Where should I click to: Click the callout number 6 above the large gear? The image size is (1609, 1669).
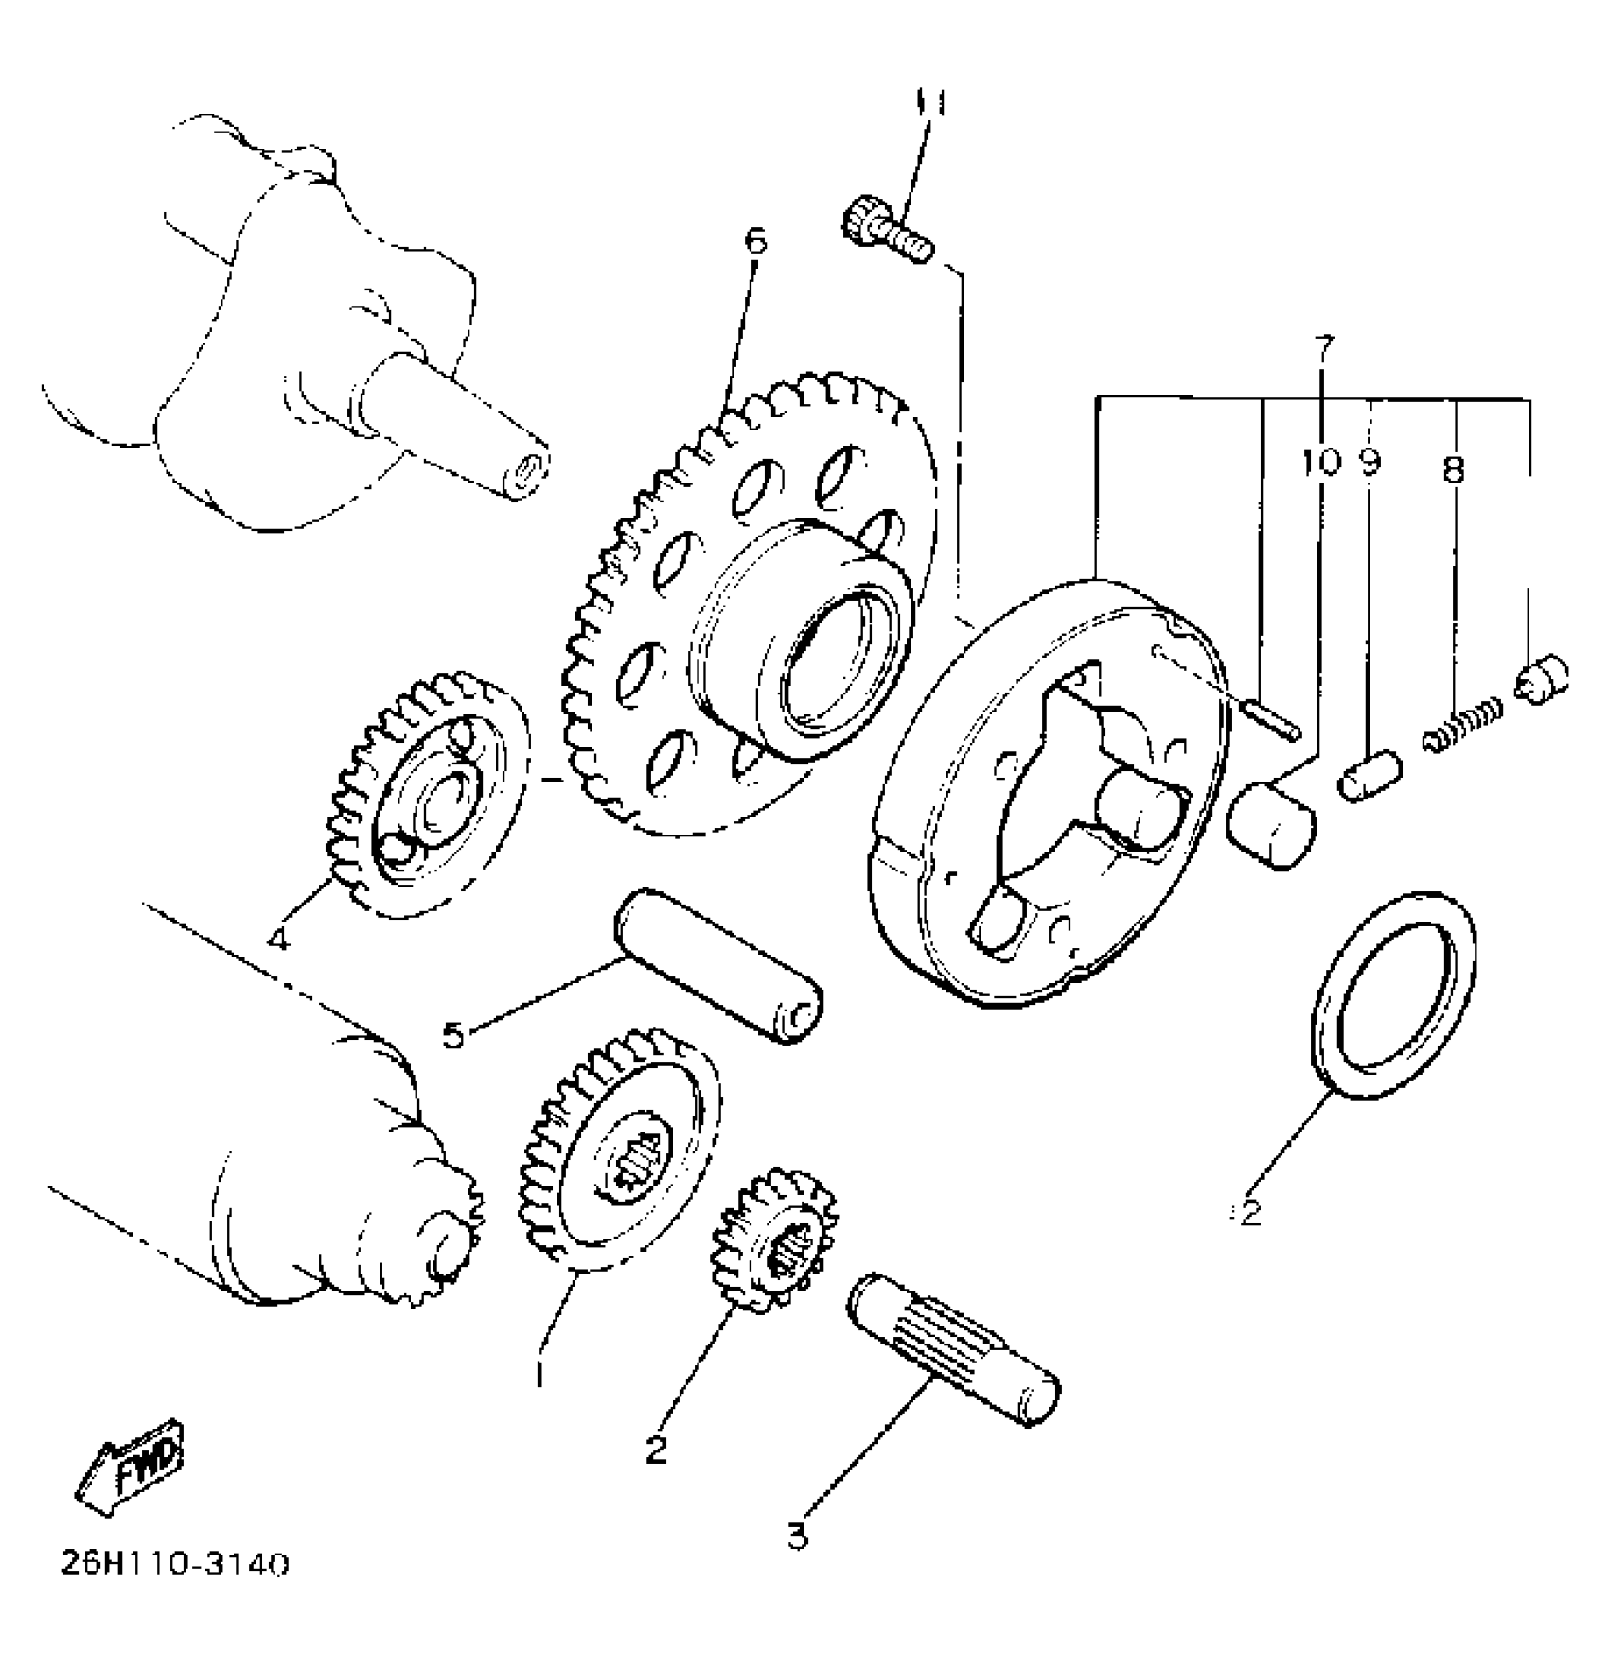(754, 240)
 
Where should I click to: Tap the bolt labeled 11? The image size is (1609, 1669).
(886, 229)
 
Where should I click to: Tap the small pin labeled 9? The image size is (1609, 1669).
(1368, 774)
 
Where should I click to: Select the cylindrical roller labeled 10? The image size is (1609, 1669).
(1269, 823)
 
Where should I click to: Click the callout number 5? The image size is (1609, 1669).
(453, 1034)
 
